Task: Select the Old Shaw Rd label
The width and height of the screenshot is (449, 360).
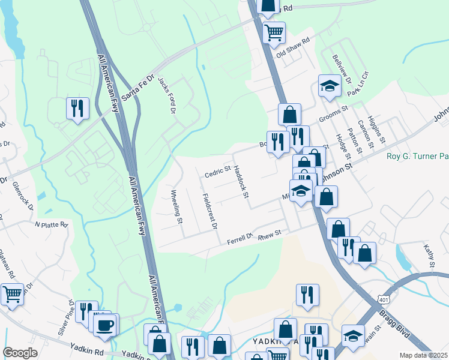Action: (292, 47)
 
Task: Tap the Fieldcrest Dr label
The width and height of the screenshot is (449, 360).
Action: (209, 212)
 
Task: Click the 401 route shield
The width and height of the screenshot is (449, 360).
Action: (384, 299)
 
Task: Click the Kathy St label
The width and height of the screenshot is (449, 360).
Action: (429, 255)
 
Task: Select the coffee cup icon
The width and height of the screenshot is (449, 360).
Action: (105, 325)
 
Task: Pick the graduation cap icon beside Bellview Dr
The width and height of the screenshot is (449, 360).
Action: (329, 86)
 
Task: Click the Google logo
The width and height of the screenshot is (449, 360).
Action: (20, 353)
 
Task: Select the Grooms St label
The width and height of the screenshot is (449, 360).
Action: (333, 115)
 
